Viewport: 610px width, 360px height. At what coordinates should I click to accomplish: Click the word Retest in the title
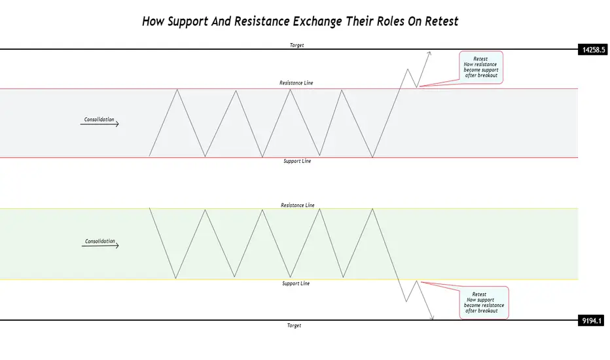(442, 21)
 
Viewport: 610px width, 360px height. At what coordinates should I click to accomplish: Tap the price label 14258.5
(593, 50)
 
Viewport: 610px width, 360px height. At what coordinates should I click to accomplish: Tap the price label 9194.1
(592, 321)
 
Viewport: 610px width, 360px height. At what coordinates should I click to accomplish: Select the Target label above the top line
(297, 45)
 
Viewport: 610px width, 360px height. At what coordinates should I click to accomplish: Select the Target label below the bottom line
(294, 325)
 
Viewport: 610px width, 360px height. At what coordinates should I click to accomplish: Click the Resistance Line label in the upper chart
(296, 82)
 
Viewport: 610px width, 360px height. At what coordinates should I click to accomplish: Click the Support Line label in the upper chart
(297, 161)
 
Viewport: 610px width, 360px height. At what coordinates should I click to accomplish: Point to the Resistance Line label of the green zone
(298, 205)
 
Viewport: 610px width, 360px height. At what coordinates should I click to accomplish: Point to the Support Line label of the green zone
(296, 283)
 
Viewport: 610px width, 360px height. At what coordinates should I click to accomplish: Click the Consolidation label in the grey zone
(99, 120)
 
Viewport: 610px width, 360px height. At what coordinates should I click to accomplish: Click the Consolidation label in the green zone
(100, 242)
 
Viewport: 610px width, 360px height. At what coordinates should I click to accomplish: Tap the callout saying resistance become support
(481, 67)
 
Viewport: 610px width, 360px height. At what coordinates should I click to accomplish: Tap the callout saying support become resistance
(484, 303)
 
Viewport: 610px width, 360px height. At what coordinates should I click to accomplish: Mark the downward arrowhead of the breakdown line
(432, 317)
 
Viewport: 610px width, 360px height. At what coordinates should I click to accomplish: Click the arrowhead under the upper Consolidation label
(117, 124)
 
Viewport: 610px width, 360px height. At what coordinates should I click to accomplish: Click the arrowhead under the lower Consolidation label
(117, 245)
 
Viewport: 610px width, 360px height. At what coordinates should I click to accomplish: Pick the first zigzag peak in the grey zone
(177, 90)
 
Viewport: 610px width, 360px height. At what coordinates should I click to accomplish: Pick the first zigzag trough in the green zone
(176, 278)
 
